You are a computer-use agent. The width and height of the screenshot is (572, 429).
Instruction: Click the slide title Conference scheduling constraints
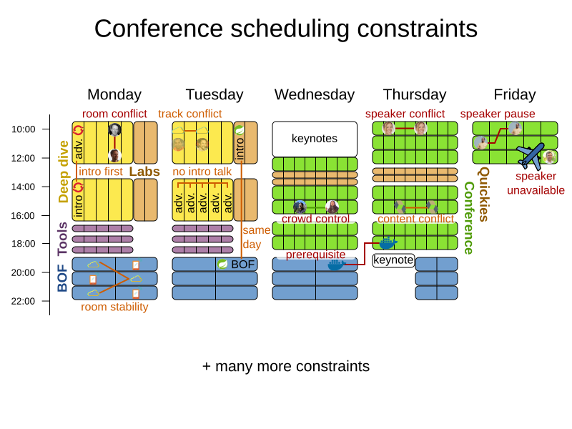pos(286,29)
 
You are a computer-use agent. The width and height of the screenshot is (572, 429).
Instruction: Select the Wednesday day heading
pos(315,94)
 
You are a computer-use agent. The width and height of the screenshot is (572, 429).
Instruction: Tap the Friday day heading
pos(515,94)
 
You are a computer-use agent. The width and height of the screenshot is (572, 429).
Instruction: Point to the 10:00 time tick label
pos(24,129)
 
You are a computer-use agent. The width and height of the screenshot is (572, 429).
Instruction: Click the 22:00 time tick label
pos(24,301)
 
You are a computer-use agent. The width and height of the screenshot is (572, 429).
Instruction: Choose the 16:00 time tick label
pos(24,215)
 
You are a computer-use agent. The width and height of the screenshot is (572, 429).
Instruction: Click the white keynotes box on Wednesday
pos(315,139)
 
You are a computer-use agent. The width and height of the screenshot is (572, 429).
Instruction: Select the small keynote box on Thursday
pos(393,260)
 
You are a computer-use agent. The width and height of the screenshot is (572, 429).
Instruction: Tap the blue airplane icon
pos(530,156)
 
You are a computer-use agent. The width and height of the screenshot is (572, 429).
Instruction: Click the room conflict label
pos(114,114)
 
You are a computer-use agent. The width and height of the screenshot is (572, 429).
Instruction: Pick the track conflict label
pos(190,114)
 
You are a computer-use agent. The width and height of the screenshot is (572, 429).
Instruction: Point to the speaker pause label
pos(498,114)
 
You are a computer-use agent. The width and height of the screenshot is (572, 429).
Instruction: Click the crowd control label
pos(315,219)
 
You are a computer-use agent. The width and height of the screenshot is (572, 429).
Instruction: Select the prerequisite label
pos(315,255)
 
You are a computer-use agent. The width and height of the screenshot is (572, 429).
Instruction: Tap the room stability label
pos(114,307)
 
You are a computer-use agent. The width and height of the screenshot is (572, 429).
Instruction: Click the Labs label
pos(144,172)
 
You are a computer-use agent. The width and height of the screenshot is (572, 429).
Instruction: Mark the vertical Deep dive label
pos(63,172)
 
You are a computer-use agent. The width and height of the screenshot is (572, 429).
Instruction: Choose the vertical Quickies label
pos(484,194)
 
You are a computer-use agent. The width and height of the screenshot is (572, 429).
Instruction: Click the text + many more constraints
pos(286,366)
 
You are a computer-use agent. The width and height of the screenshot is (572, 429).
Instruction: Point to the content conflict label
pos(415,219)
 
